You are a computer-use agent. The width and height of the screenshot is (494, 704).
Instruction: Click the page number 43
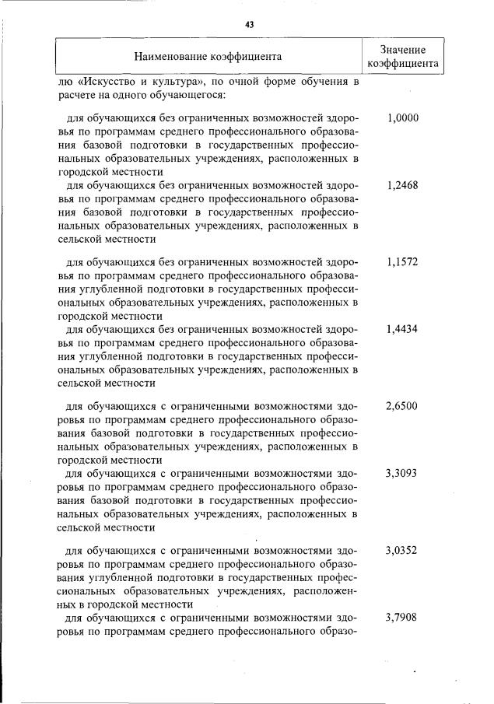click(249, 24)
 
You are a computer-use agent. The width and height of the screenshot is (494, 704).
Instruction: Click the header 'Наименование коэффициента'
click(208, 56)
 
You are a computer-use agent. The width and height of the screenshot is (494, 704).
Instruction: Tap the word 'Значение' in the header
click(402, 49)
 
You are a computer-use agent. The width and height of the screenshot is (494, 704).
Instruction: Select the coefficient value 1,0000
click(402, 119)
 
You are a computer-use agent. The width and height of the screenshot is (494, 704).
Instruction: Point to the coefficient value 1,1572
click(402, 262)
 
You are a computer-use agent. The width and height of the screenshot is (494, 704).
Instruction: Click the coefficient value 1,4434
click(402, 329)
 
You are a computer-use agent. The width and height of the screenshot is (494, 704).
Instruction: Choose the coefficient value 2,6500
click(402, 405)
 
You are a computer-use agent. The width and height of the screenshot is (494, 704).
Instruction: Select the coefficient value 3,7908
click(402, 618)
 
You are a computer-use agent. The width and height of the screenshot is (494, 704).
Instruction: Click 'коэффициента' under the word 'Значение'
click(402, 64)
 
